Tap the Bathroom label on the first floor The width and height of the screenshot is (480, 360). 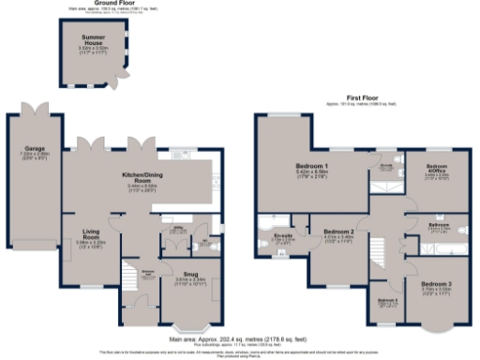(439, 226)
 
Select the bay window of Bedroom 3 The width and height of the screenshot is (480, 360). (434, 328)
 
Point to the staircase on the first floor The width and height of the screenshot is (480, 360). (383, 253)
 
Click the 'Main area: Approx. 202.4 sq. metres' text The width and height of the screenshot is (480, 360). (239, 339)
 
